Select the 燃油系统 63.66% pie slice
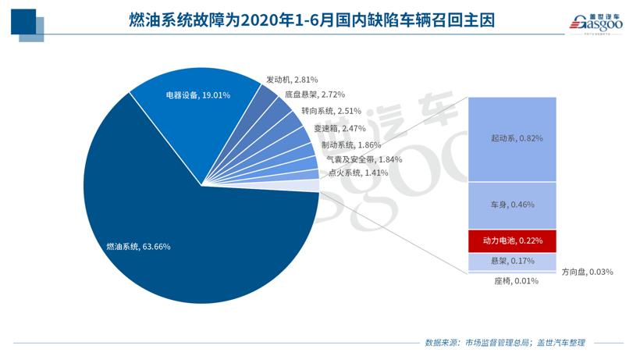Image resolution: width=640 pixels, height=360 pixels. tap(195, 258)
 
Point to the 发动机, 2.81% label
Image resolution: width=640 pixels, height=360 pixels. tap(291, 80)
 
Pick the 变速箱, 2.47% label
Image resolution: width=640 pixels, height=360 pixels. tap(340, 128)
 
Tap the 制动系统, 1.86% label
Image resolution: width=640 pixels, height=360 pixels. tap(350, 144)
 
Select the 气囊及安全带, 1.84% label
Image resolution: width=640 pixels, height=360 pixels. tap(364, 159)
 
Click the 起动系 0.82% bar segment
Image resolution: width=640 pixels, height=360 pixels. tap(512, 138)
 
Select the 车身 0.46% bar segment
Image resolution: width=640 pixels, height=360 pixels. tap(512, 205)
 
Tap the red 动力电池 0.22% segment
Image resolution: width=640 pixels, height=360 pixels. tap(512, 241)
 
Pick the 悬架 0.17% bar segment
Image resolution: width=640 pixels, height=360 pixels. tap(512, 261)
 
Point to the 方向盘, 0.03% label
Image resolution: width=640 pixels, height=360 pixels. tap(587, 272)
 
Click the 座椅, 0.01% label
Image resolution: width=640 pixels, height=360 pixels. tap(516, 281)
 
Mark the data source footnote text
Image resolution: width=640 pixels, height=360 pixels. tap(504, 343)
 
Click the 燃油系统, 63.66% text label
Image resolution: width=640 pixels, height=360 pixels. tap(138, 247)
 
